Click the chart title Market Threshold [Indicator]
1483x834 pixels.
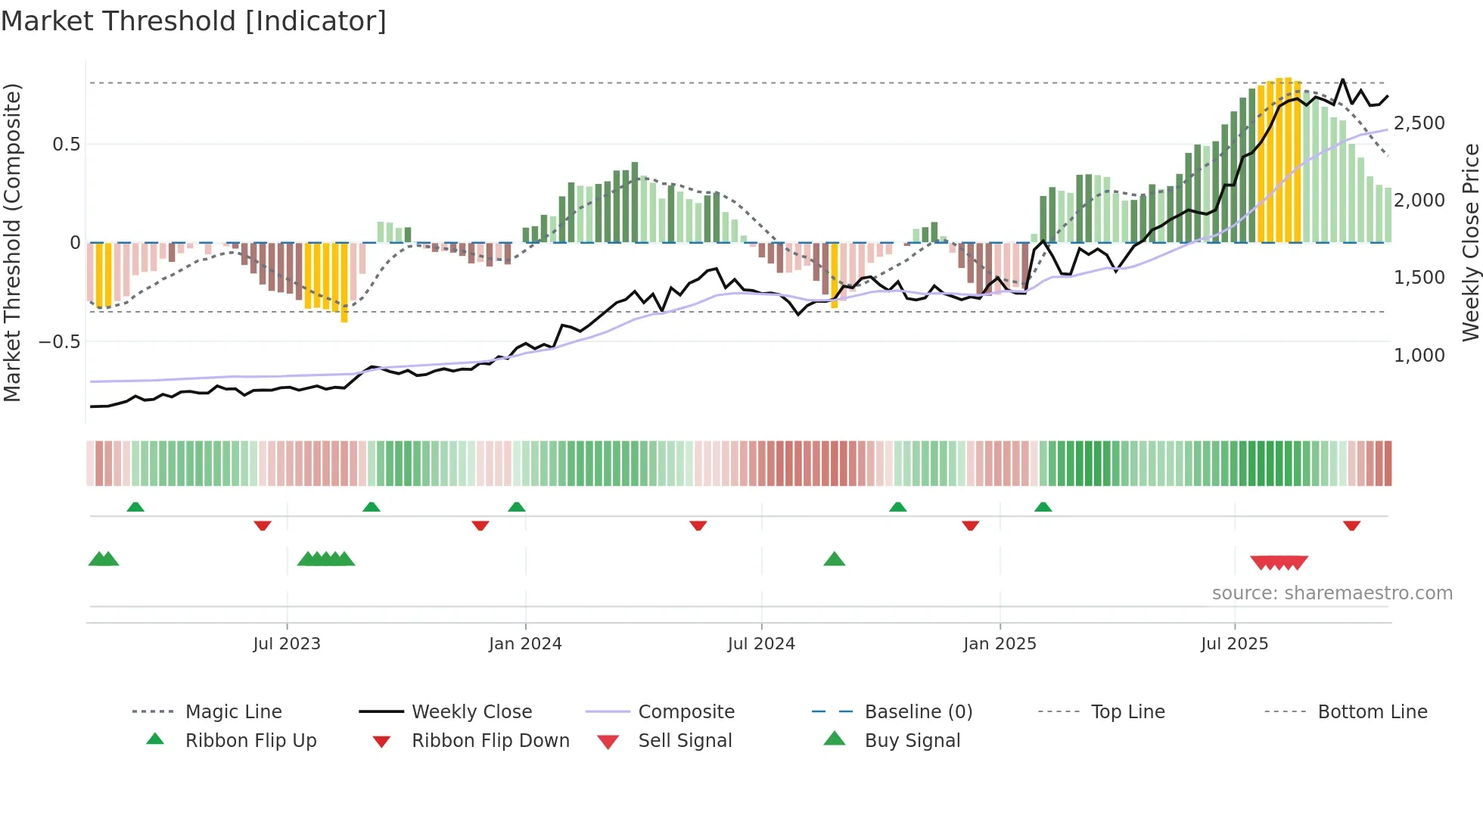click(x=194, y=21)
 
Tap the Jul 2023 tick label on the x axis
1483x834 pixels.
click(x=287, y=644)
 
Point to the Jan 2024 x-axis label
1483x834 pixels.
click(x=525, y=644)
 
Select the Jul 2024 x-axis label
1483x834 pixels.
click(x=761, y=644)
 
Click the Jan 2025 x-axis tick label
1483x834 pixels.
click(x=1000, y=644)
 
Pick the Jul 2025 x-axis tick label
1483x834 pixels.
click(x=1234, y=644)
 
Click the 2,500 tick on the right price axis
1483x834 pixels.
click(x=1419, y=123)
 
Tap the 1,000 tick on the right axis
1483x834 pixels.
click(x=1419, y=356)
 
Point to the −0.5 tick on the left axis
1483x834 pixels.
click(x=59, y=342)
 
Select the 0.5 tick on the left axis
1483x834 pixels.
click(x=66, y=145)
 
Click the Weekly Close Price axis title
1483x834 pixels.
click(x=1470, y=242)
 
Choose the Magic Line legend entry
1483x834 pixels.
click(x=233, y=712)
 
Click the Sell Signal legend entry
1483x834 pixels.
click(x=685, y=741)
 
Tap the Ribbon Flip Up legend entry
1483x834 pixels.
click(x=250, y=741)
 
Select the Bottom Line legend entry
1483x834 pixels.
click(x=1372, y=712)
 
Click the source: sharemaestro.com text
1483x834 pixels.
click(x=1332, y=593)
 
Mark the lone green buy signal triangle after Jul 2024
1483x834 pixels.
click(x=834, y=559)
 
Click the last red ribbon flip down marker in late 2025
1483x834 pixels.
click(x=1351, y=525)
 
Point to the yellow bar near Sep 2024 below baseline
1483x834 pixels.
click(x=835, y=275)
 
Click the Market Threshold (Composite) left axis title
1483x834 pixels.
click(x=12, y=242)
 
